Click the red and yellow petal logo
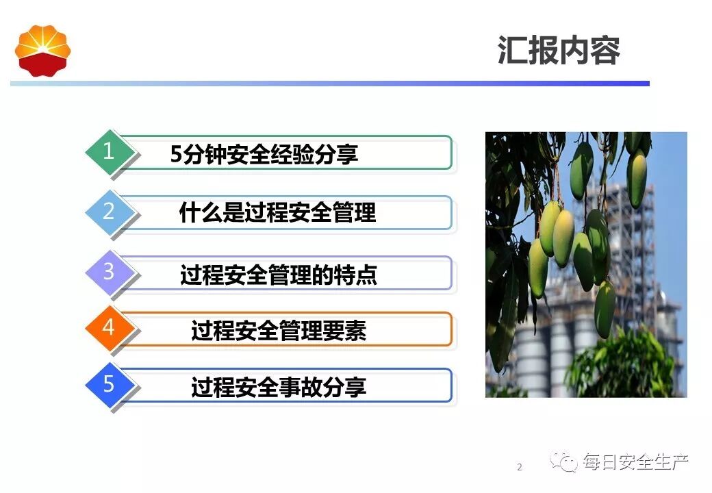[42, 51]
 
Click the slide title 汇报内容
[559, 50]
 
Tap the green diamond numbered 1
[109, 151]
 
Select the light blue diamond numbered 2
[109, 212]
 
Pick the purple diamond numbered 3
[109, 272]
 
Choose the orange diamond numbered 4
[109, 327]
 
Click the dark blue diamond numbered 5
[109, 384]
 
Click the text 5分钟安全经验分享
[264, 153]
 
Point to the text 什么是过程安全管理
[277, 212]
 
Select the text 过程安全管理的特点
[279, 275]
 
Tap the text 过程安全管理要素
[279, 331]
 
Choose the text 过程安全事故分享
[279, 388]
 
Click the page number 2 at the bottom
[520, 467]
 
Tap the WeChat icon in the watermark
[563, 462]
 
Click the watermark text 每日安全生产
[635, 462]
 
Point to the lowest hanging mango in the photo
[605, 310]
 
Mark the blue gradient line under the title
[330, 84]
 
